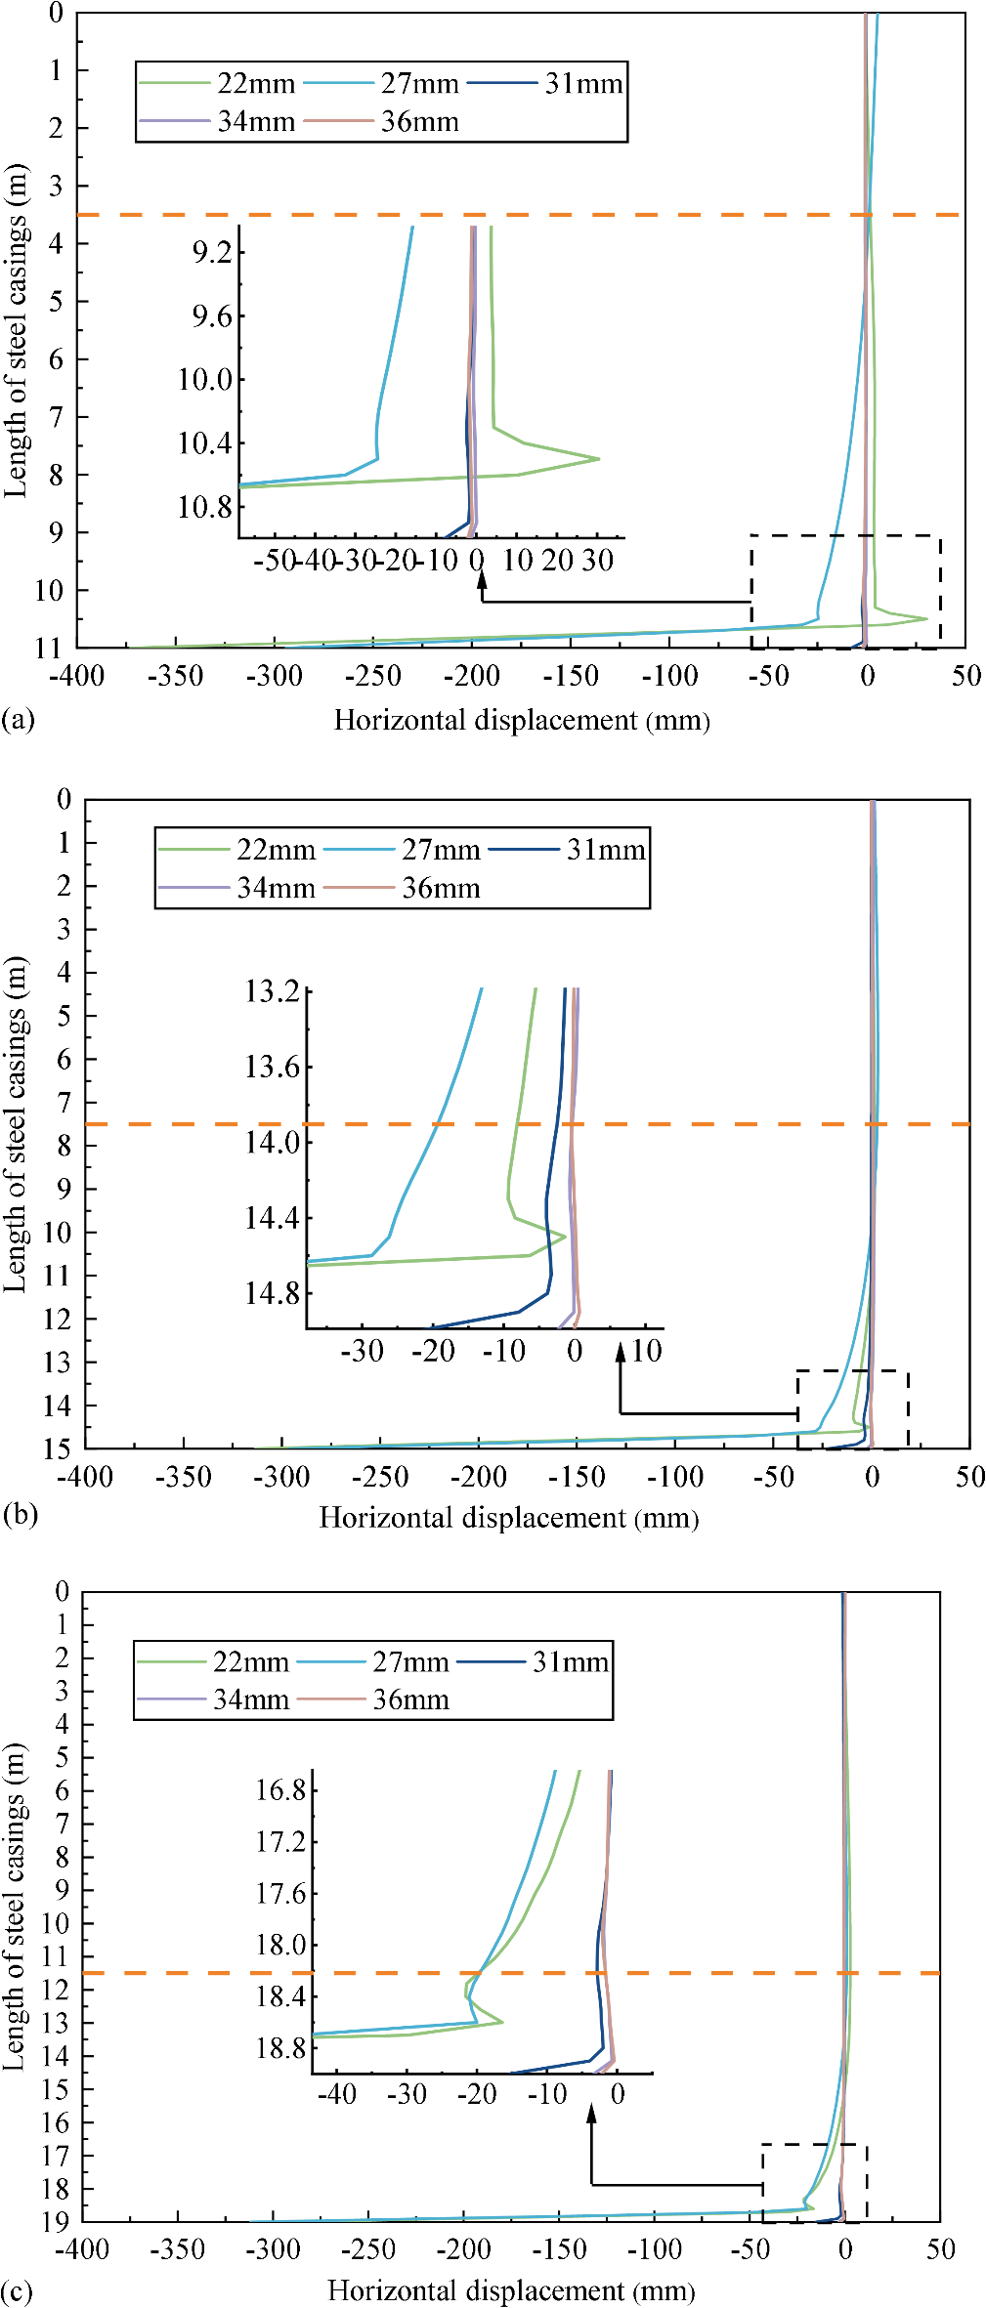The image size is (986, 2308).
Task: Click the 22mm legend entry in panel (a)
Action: tap(254, 84)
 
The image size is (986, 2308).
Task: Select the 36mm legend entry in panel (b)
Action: tap(440, 889)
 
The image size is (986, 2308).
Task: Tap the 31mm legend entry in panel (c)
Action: tap(570, 1661)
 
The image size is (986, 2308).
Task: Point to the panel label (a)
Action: tap(19, 720)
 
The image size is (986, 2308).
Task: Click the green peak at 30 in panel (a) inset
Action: tap(597, 458)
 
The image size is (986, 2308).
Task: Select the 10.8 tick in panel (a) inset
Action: tap(205, 507)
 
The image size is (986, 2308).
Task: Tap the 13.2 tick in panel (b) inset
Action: tap(273, 991)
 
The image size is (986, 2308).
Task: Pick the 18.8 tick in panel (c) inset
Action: tap(280, 2048)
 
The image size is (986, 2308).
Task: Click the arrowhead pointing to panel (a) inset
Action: tap(482, 581)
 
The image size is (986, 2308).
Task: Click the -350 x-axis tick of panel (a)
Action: tap(176, 676)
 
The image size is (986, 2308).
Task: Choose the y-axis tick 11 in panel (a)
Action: tap(48, 648)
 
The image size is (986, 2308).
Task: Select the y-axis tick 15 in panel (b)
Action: tap(57, 1448)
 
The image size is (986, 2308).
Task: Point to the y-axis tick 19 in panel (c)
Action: tap(55, 2221)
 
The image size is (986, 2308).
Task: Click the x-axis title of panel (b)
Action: tap(509, 1518)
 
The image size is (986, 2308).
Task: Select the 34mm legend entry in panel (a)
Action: tap(254, 122)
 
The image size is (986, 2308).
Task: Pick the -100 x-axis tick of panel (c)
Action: tap(654, 2249)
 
